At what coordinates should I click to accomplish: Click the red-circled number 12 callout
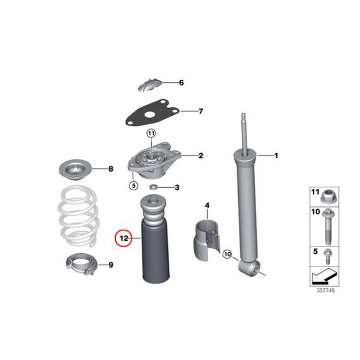(x=124, y=238)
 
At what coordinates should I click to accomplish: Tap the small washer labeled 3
(x=153, y=187)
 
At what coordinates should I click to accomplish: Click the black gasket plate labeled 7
(x=152, y=113)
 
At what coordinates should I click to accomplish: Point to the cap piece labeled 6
(x=149, y=85)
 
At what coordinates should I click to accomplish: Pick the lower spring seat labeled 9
(x=82, y=264)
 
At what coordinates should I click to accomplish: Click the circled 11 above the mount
(x=151, y=133)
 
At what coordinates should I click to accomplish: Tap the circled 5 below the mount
(x=133, y=185)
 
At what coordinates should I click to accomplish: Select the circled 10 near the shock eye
(x=227, y=254)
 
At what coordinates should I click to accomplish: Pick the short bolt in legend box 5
(x=328, y=257)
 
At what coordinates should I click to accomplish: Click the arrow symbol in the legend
(x=325, y=275)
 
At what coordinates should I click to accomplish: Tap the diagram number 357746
(x=326, y=290)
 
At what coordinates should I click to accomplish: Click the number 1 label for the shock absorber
(x=276, y=155)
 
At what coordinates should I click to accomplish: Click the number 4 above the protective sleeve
(x=207, y=205)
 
